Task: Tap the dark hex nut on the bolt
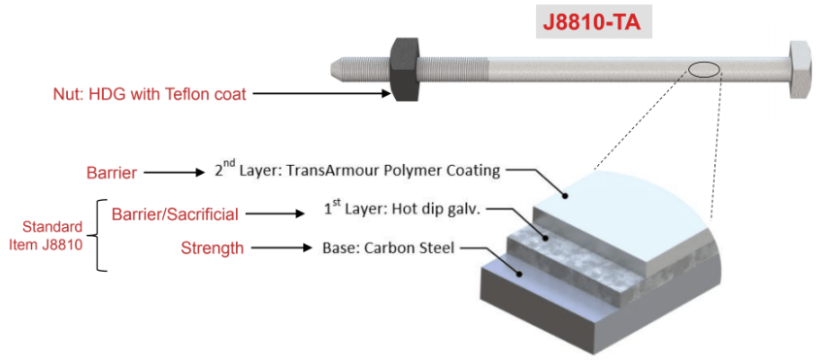406,68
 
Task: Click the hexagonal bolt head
800,69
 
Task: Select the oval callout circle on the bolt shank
704,69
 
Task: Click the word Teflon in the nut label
190,94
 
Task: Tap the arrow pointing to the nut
321,94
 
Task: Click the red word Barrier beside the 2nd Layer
112,173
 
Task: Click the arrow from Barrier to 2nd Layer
175,173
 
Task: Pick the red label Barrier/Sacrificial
175,214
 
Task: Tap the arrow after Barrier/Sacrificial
275,214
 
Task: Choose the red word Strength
213,247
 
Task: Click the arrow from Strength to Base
282,247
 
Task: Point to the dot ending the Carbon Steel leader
521,274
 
